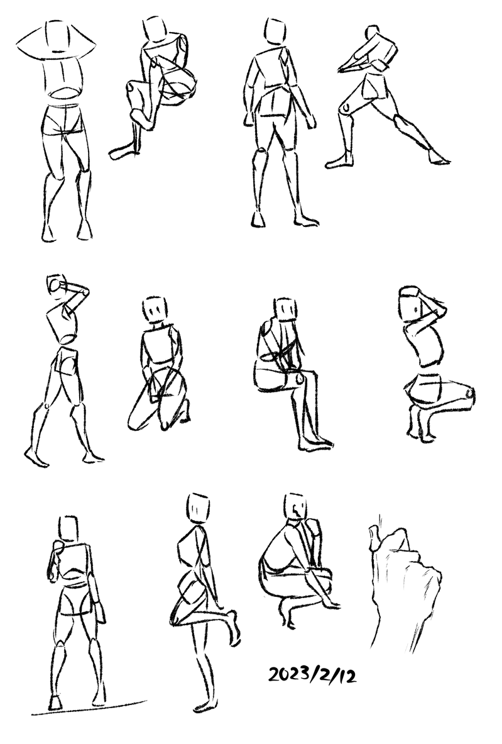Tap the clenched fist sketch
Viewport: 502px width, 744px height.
click(x=404, y=586)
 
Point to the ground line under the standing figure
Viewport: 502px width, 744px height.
click(x=89, y=707)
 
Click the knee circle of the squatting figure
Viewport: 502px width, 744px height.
click(x=469, y=393)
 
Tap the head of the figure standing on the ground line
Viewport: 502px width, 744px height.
click(x=69, y=528)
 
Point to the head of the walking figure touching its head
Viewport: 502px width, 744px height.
click(x=57, y=286)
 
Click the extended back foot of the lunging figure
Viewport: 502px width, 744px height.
click(x=439, y=157)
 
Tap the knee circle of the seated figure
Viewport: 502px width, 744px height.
click(x=299, y=378)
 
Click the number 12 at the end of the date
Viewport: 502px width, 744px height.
click(x=347, y=675)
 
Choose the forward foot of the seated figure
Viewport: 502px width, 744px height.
click(x=315, y=445)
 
